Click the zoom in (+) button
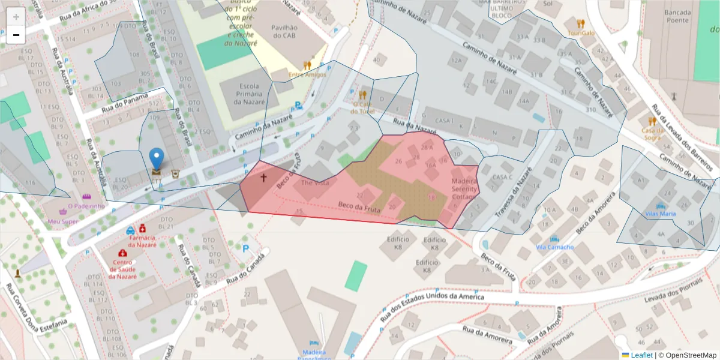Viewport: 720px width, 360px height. point(16,17)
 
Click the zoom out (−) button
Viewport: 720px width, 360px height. point(16,35)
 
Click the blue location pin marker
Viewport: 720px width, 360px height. point(156,160)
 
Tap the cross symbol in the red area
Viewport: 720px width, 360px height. point(263,178)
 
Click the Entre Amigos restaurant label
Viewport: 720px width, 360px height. point(307,74)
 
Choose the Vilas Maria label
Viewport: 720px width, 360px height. point(660,213)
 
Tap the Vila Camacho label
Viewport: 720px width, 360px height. point(554,247)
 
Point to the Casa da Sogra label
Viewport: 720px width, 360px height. point(651,133)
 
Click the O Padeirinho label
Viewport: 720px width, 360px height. point(86,206)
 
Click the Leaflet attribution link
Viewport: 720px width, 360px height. point(641,355)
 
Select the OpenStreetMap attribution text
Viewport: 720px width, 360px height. point(688,355)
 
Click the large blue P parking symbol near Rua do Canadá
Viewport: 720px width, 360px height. point(245,248)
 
